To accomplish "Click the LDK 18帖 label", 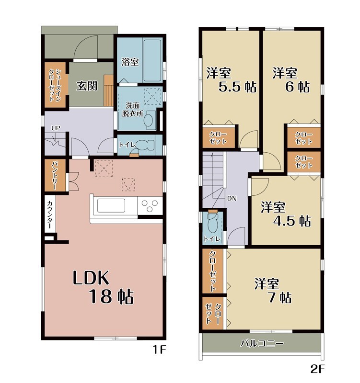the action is pos(103,287).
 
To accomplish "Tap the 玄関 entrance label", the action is pos(87,86).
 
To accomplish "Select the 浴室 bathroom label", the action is pos(130,62).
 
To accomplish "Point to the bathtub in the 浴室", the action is pos(152,60).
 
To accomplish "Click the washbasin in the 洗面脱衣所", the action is pos(149,120).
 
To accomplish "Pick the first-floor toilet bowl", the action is pos(145,145).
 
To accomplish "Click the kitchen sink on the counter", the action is pos(111,205).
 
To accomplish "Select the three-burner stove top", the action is pos(150,206).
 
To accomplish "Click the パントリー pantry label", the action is pos(54,175).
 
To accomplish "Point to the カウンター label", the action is pos(49,214).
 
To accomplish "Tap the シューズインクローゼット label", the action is pos(55,85).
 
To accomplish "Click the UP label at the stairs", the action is pos(56,128).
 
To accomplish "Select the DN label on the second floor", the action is pos(232,199).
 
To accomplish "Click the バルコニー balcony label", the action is pos(262,343).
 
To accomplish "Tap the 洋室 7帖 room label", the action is pos(273,291).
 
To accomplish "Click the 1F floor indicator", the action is pos(159,350).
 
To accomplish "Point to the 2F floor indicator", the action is pos(317,369).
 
